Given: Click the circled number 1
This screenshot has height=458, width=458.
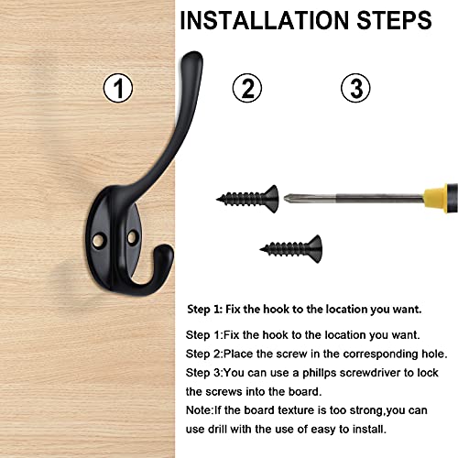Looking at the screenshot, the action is pyautogui.click(x=118, y=88).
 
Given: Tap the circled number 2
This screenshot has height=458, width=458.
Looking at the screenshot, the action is pyautogui.click(x=247, y=88).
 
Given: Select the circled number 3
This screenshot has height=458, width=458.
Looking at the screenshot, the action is pyautogui.click(x=355, y=88).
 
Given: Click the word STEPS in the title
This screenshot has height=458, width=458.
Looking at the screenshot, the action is pyautogui.click(x=394, y=20).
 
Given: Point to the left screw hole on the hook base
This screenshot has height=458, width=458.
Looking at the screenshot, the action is pyautogui.click(x=99, y=240).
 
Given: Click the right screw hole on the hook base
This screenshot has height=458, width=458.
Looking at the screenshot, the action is pyautogui.click(x=133, y=238).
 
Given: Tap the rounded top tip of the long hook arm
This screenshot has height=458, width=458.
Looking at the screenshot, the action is pyautogui.click(x=192, y=56).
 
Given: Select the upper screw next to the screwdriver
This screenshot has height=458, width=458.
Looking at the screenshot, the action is pyautogui.click(x=247, y=199).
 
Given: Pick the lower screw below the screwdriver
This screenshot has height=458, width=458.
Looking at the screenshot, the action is pyautogui.click(x=291, y=249).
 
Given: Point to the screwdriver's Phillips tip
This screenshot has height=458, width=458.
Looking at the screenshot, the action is pyautogui.click(x=286, y=198).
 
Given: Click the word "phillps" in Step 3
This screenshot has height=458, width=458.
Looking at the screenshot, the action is pyautogui.click(x=320, y=373).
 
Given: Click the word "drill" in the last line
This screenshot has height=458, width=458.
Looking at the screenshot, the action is pyautogui.click(x=217, y=429).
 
